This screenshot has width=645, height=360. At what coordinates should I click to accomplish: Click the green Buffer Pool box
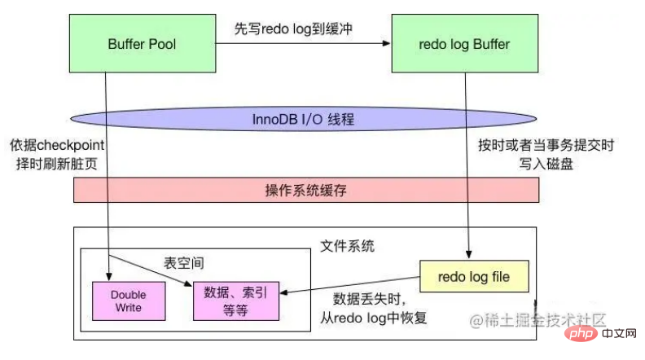143,44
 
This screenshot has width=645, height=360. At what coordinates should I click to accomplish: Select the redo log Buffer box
465,44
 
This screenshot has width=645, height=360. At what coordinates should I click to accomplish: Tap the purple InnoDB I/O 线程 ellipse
304,119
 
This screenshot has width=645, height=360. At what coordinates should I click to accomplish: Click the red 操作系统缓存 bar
306,190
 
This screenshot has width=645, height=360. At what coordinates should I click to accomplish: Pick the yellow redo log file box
474,276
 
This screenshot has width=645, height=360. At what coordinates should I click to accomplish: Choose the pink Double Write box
129,301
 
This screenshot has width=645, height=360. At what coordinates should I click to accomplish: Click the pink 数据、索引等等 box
236,301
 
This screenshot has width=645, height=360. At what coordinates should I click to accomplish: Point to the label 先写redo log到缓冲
293,29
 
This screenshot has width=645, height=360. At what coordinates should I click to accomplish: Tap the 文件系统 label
347,246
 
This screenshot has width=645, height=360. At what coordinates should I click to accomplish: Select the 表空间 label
184,263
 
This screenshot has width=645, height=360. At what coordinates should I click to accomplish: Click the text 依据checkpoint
57,145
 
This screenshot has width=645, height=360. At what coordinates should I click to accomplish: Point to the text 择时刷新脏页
57,164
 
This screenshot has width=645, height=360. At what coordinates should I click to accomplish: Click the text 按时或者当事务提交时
546,145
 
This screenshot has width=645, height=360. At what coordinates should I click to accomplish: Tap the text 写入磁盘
546,164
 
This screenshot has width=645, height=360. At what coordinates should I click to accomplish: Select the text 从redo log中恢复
374,318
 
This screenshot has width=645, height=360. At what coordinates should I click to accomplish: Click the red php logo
581,333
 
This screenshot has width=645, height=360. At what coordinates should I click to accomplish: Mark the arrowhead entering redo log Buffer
386,43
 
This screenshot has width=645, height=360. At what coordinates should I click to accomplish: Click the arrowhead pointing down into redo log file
468,255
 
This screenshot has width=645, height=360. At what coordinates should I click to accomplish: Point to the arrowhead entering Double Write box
109,277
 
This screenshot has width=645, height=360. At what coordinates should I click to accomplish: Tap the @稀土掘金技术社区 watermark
537,320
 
